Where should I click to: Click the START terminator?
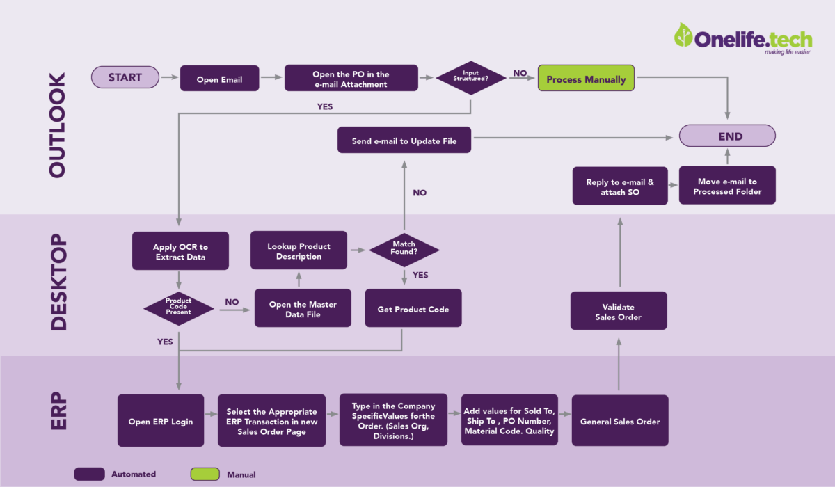pos(125,77)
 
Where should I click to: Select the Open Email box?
pos(219,79)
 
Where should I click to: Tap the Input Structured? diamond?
pos(471,78)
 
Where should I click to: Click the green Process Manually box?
pos(586,79)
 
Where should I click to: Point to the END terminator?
pos(727,136)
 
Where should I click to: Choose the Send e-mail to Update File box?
pos(404,140)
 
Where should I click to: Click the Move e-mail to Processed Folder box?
pos(727,186)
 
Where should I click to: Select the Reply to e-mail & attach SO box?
pos(619,186)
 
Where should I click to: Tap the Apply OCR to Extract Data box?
pos(180,251)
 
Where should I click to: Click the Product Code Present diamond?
pos(178,307)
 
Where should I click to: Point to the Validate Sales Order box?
pos(619,310)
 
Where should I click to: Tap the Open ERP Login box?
pos(161,421)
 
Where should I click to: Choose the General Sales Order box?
pos(619,421)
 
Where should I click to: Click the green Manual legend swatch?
pos(205,474)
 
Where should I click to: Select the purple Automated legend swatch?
pos(89,474)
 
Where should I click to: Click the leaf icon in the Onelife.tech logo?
pos(683,34)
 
